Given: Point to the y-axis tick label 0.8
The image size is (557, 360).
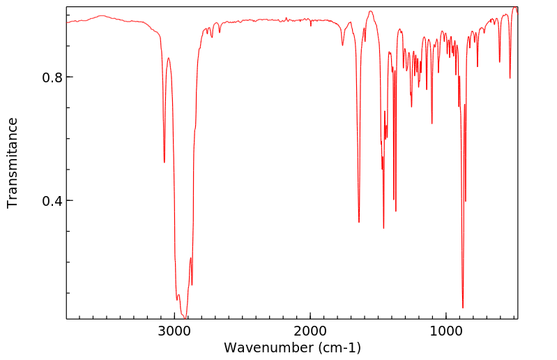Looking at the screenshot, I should click(x=53, y=77).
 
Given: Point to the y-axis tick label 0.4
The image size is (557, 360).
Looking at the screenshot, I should click(x=53, y=201).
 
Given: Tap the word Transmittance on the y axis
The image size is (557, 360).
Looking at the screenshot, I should click(x=13, y=163).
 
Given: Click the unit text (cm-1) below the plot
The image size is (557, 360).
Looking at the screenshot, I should click(x=339, y=347).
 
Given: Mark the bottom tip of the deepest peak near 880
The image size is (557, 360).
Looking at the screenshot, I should click(x=462, y=308).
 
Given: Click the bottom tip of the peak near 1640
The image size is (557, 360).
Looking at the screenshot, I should click(x=359, y=222).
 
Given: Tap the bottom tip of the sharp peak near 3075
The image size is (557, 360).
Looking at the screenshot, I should click(x=165, y=163).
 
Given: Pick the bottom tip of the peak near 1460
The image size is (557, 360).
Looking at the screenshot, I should click(x=383, y=228).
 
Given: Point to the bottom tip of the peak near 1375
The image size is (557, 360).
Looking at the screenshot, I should click(x=396, y=211).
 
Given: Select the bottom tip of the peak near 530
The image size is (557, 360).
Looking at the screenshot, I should click(x=510, y=77).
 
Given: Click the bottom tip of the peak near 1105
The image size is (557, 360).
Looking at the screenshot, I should click(x=432, y=123).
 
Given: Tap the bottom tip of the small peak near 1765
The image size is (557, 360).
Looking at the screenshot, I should click(x=342, y=45).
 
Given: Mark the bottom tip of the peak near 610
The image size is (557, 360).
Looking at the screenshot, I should click(x=499, y=62).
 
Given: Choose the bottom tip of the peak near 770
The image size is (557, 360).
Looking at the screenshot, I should click(x=478, y=67).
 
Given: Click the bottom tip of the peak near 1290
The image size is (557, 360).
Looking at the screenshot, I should click(x=411, y=107).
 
